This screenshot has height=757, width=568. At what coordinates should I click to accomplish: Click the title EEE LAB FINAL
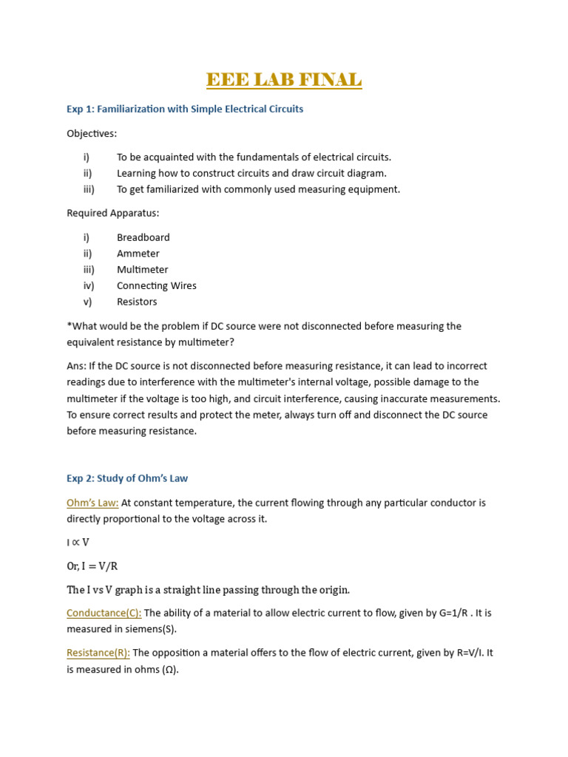click(x=284, y=79)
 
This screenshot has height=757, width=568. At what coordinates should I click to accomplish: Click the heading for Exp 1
click(x=185, y=109)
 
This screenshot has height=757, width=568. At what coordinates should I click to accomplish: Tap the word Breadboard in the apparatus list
click(x=143, y=237)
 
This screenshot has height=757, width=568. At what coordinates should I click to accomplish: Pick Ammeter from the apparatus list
click(x=138, y=254)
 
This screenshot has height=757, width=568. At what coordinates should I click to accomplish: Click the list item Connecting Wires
click(x=156, y=285)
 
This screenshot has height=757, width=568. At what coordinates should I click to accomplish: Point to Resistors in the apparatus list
click(x=137, y=302)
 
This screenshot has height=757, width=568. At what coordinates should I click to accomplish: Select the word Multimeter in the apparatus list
click(x=142, y=270)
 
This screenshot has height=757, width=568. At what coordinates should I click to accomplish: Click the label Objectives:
click(x=92, y=134)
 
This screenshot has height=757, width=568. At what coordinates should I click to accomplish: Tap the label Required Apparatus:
click(x=112, y=213)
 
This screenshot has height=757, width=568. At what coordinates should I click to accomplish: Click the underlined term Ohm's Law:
click(x=92, y=503)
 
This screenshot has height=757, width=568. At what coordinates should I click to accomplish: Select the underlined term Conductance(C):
click(x=104, y=613)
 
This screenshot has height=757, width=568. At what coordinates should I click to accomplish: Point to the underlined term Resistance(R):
click(x=98, y=653)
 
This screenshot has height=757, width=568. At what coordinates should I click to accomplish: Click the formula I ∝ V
click(x=78, y=542)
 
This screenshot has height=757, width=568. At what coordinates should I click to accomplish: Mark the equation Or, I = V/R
click(x=92, y=566)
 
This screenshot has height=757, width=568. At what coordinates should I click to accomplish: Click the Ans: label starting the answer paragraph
click(x=77, y=366)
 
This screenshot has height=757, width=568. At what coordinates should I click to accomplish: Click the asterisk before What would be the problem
click(x=69, y=325)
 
